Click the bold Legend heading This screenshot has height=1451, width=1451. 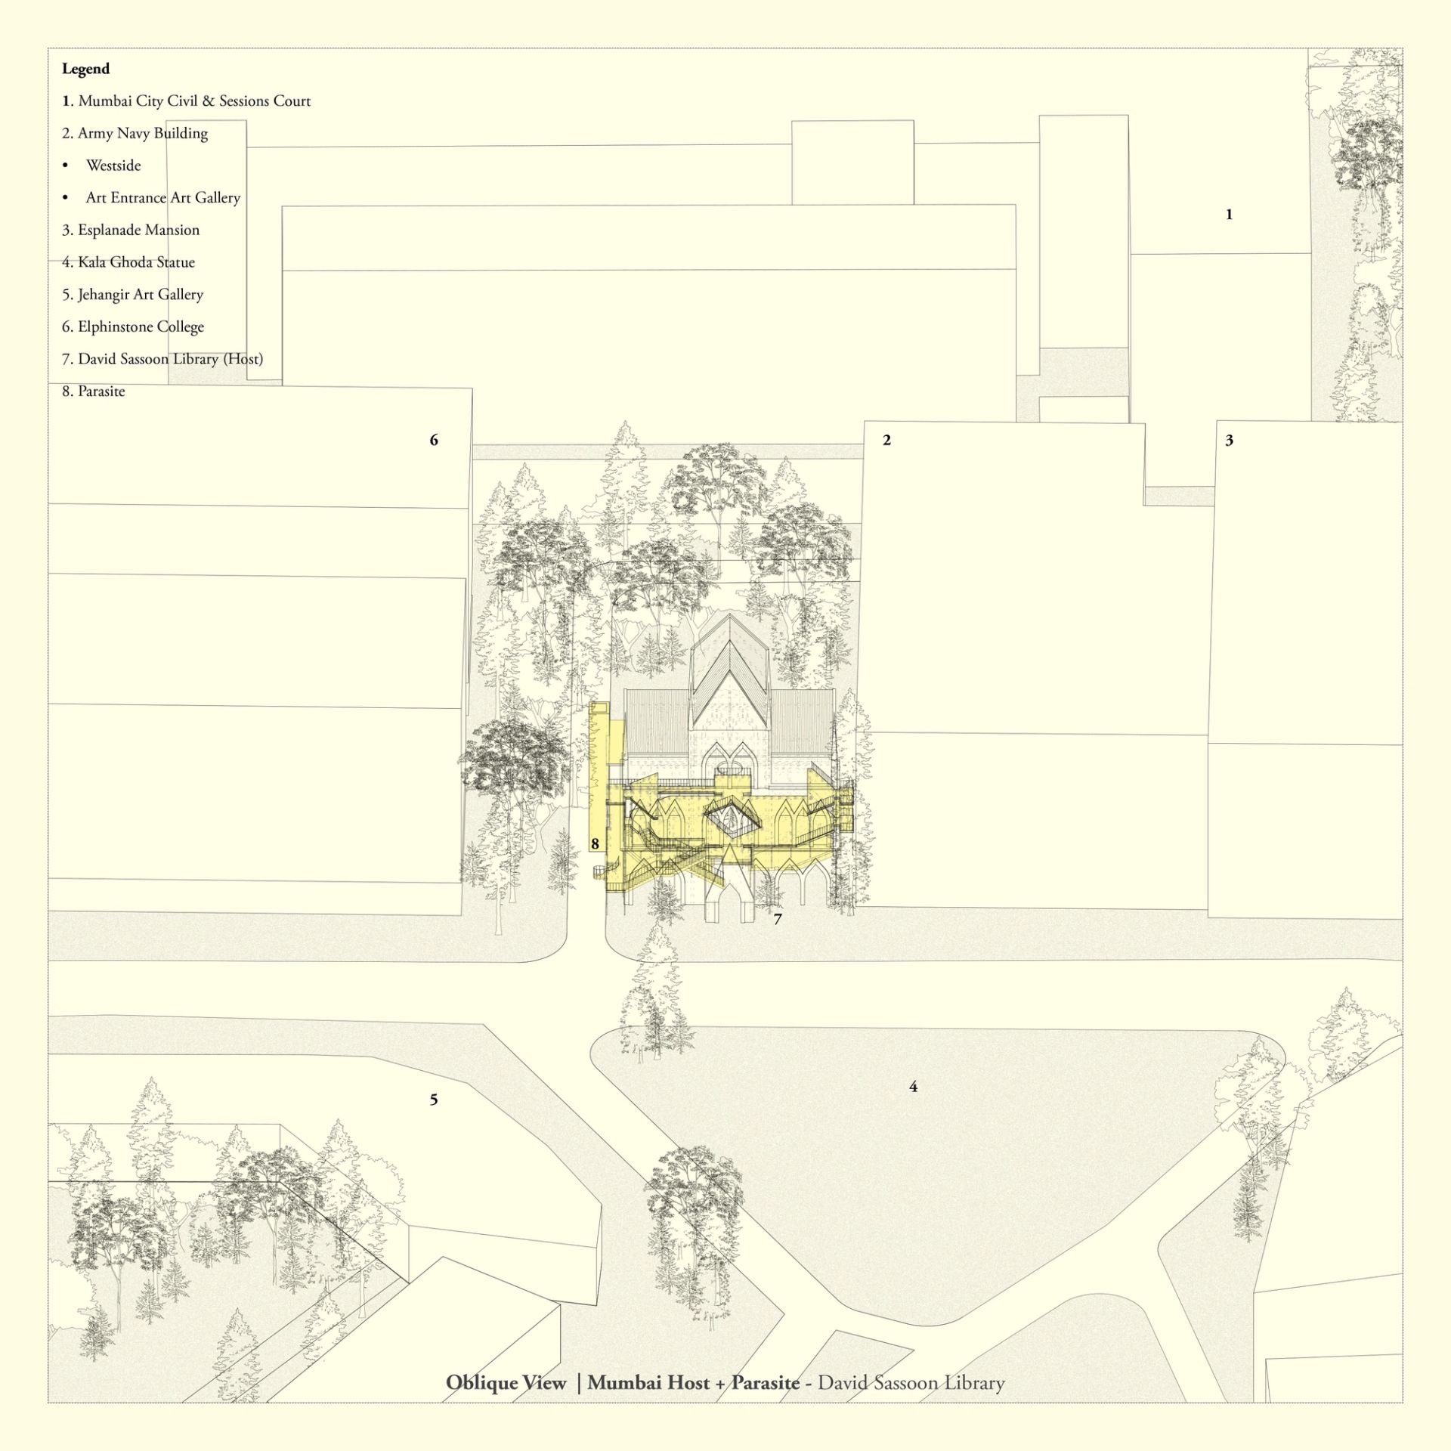85,69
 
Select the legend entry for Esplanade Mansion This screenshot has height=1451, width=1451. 131,230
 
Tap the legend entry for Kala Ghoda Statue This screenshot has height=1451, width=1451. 128,262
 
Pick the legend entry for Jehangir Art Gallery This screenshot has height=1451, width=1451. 133,295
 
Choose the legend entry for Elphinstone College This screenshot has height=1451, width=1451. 133,326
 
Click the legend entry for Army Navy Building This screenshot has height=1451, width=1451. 135,133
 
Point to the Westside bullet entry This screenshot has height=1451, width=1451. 103,166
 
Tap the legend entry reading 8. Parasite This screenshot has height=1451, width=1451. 94,391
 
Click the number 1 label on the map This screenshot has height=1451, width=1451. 1229,215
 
